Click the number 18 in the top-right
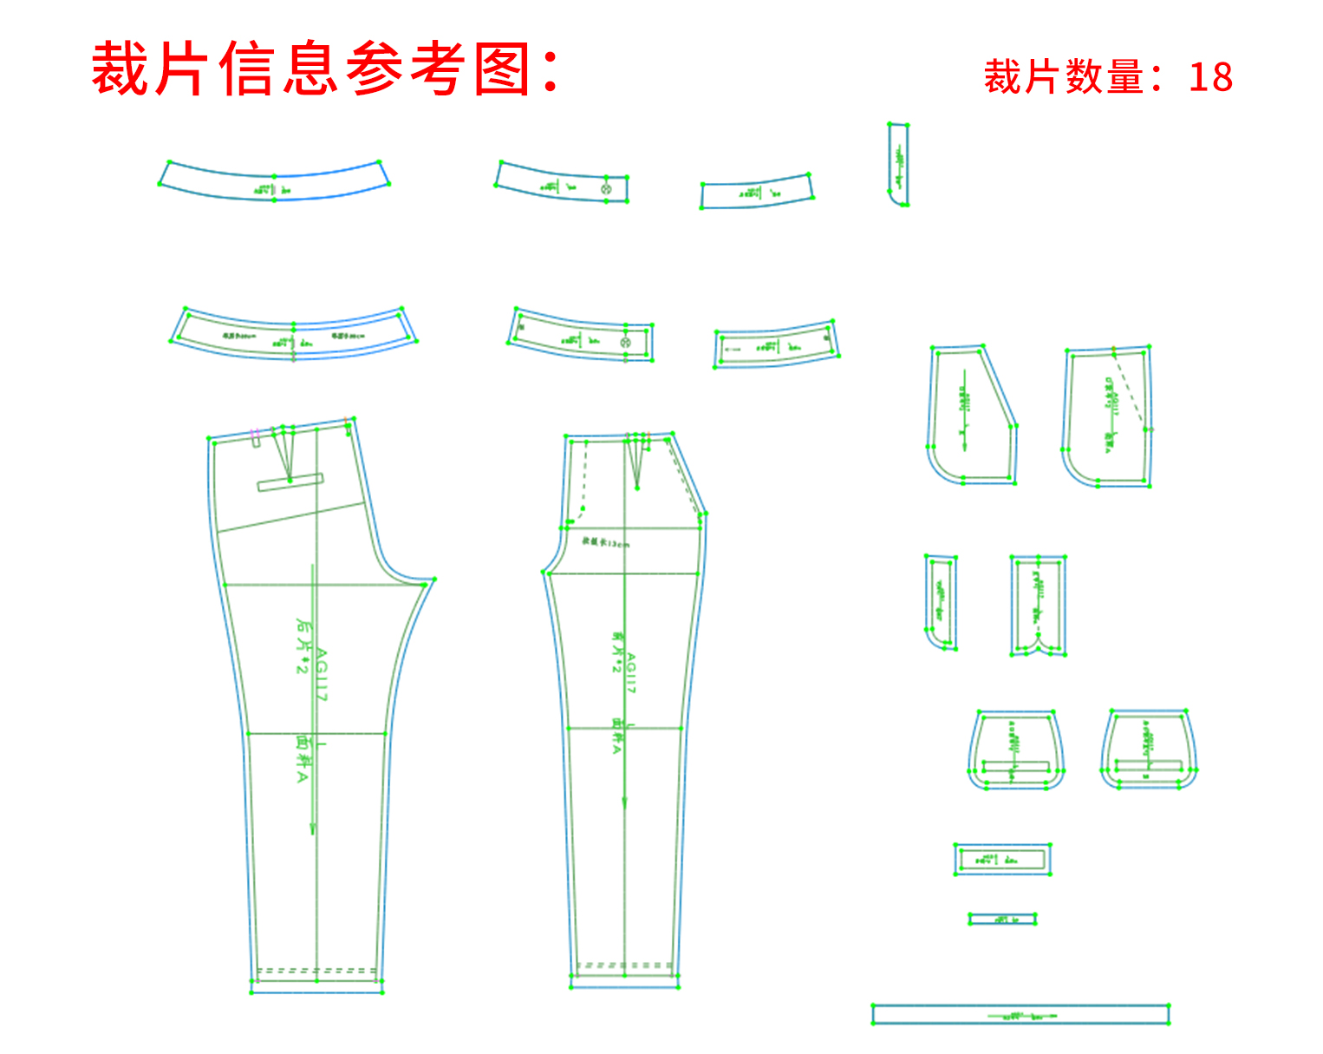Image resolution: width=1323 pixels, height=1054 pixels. pos(1210,77)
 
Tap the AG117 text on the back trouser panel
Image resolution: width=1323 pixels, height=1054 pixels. pos(321,675)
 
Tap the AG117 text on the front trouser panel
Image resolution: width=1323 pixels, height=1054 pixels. pos(631,673)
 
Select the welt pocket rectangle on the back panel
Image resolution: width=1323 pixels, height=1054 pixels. pos(290,482)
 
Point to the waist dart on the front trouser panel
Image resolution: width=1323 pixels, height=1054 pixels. pos(638,464)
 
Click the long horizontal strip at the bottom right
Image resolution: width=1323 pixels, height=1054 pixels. pos(1020,1014)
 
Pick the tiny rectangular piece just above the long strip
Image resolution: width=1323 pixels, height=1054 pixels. pos(1002,919)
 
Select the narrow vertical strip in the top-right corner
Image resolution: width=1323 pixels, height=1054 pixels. pos(898,165)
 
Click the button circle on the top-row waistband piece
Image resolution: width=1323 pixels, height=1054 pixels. pos(606,188)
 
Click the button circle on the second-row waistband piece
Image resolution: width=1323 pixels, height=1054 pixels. pos(626,343)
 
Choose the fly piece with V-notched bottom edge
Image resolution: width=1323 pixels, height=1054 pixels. pos(1038,606)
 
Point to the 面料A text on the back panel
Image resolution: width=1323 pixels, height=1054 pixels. pos(303,760)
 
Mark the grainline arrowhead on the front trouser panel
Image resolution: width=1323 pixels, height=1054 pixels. pos(624,803)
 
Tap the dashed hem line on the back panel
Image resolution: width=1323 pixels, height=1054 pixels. pos(316,970)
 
